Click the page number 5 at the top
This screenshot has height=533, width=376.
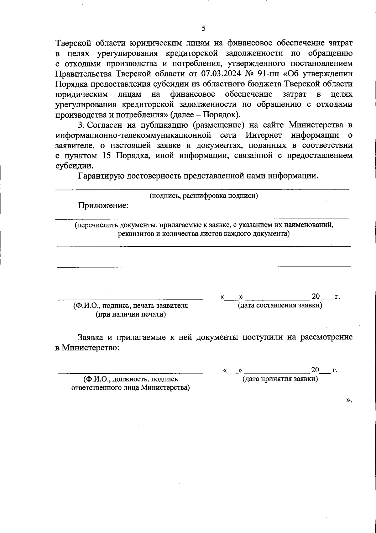[204, 29]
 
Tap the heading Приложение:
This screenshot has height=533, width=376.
[103, 205]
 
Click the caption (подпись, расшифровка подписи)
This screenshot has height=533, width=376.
[204, 196]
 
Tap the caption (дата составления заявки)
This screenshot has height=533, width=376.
[280, 305]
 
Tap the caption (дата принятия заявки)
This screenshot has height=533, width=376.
[280, 379]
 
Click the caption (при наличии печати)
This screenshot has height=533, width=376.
[131, 314]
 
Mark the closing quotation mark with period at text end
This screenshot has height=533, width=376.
[349, 400]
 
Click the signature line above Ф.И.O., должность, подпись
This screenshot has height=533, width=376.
[130, 373]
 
